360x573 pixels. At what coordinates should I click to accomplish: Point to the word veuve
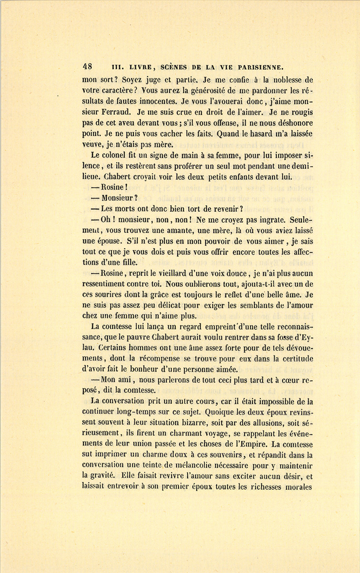[x=91, y=144]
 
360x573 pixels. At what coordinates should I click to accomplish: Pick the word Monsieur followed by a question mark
[x=118, y=198]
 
